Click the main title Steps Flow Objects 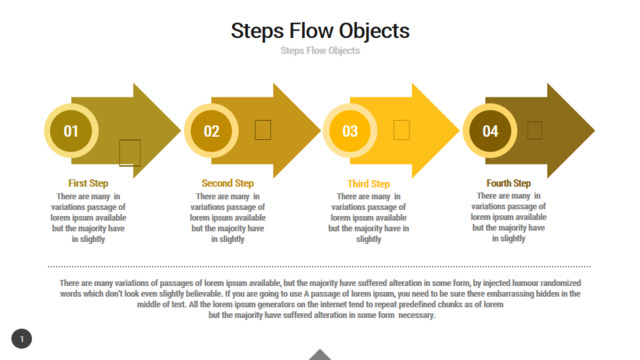pyautogui.click(x=320, y=31)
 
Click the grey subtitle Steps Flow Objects pyautogui.click(x=320, y=51)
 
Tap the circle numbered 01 pyautogui.click(x=71, y=131)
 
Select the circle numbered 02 pyautogui.click(x=211, y=131)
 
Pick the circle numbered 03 pyautogui.click(x=350, y=131)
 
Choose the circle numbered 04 pyautogui.click(x=490, y=131)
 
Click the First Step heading pyautogui.click(x=88, y=183)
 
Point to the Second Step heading pyautogui.click(x=228, y=183)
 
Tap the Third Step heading pyautogui.click(x=369, y=184)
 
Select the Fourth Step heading pyautogui.click(x=509, y=183)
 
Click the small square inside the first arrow pyautogui.click(x=130, y=153)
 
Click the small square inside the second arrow pyautogui.click(x=263, y=130)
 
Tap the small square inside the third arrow pyautogui.click(x=402, y=130)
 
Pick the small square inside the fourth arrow pyautogui.click(x=535, y=130)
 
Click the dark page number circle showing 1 pyautogui.click(x=22, y=339)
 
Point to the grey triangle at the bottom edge pyautogui.click(x=320, y=355)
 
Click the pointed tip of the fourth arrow pyautogui.click(x=595, y=131)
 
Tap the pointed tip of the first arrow pyautogui.click(x=180, y=131)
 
